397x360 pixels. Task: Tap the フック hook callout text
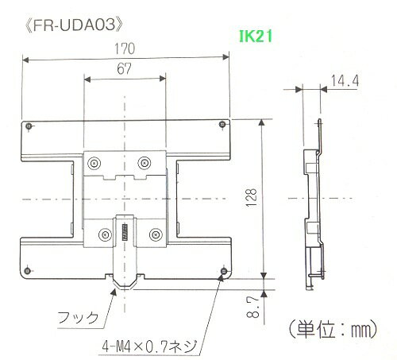[x=80, y=317]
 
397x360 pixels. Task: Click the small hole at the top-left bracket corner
[x=29, y=127]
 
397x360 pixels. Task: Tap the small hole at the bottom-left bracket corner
[x=29, y=269]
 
